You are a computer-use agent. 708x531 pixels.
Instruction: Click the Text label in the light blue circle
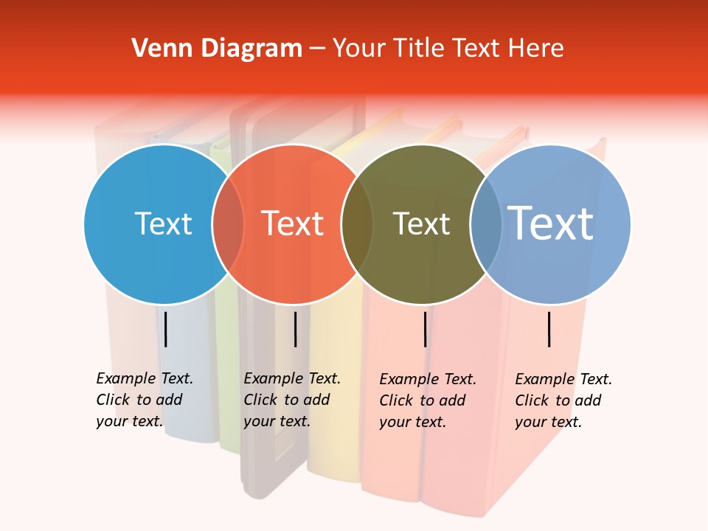pos(163,223)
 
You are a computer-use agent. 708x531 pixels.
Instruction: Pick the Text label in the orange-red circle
pos(293,223)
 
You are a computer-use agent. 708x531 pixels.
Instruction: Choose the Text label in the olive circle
pos(421,223)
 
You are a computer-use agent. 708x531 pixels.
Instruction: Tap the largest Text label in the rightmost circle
pos(551,223)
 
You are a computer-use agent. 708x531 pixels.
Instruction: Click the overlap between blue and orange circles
pos(228,223)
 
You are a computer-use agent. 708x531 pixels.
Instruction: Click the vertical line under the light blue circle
pos(166,329)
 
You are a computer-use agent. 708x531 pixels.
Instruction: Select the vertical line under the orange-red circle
pos(295,329)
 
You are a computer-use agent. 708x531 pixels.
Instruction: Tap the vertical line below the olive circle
pos(426,329)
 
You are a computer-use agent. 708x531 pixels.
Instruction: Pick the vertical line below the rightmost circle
pos(549,329)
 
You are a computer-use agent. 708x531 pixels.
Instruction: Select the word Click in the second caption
pos(260,400)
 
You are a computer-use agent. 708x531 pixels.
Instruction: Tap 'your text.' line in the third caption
pos(412,422)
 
